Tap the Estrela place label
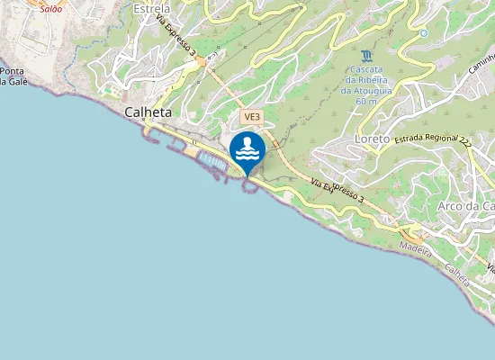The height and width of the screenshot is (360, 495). [x=151, y=9]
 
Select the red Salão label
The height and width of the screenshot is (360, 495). [x=51, y=8]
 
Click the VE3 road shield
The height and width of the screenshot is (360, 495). [x=251, y=117]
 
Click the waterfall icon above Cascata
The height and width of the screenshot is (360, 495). [x=364, y=55]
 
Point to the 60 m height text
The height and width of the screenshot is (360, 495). [x=365, y=102]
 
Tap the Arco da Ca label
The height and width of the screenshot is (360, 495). [x=466, y=206]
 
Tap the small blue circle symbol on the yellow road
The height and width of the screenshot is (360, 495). [x=423, y=33]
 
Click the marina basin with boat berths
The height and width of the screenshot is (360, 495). [x=211, y=161]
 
